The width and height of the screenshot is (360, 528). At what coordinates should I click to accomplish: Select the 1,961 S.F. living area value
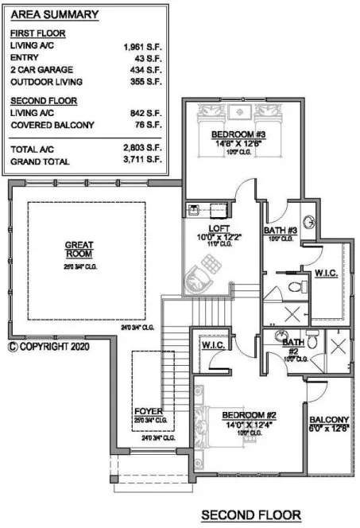[x=142, y=48]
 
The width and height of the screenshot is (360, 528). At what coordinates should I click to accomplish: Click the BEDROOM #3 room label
[x=242, y=135]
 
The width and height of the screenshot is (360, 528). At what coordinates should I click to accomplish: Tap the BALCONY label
[x=328, y=420]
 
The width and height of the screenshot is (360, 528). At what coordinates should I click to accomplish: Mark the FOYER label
[x=149, y=411]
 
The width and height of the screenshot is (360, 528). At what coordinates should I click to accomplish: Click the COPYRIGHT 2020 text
[x=49, y=347]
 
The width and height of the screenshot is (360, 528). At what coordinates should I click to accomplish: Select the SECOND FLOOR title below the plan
[x=251, y=515]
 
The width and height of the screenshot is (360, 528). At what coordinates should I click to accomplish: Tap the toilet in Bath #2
[x=314, y=340]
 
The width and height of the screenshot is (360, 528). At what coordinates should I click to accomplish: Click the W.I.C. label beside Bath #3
[x=327, y=273]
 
